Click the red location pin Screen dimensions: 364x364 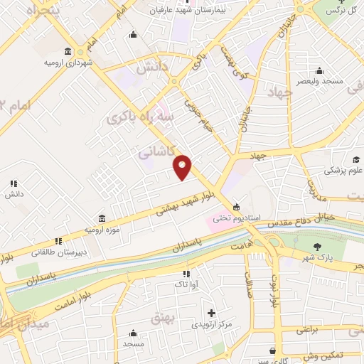(x=183, y=167)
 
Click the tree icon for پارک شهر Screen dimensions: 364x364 (x=318, y=246)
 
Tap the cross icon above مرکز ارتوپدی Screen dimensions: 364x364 (x=211, y=313)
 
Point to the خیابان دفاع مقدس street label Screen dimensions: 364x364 (x=298, y=223)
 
